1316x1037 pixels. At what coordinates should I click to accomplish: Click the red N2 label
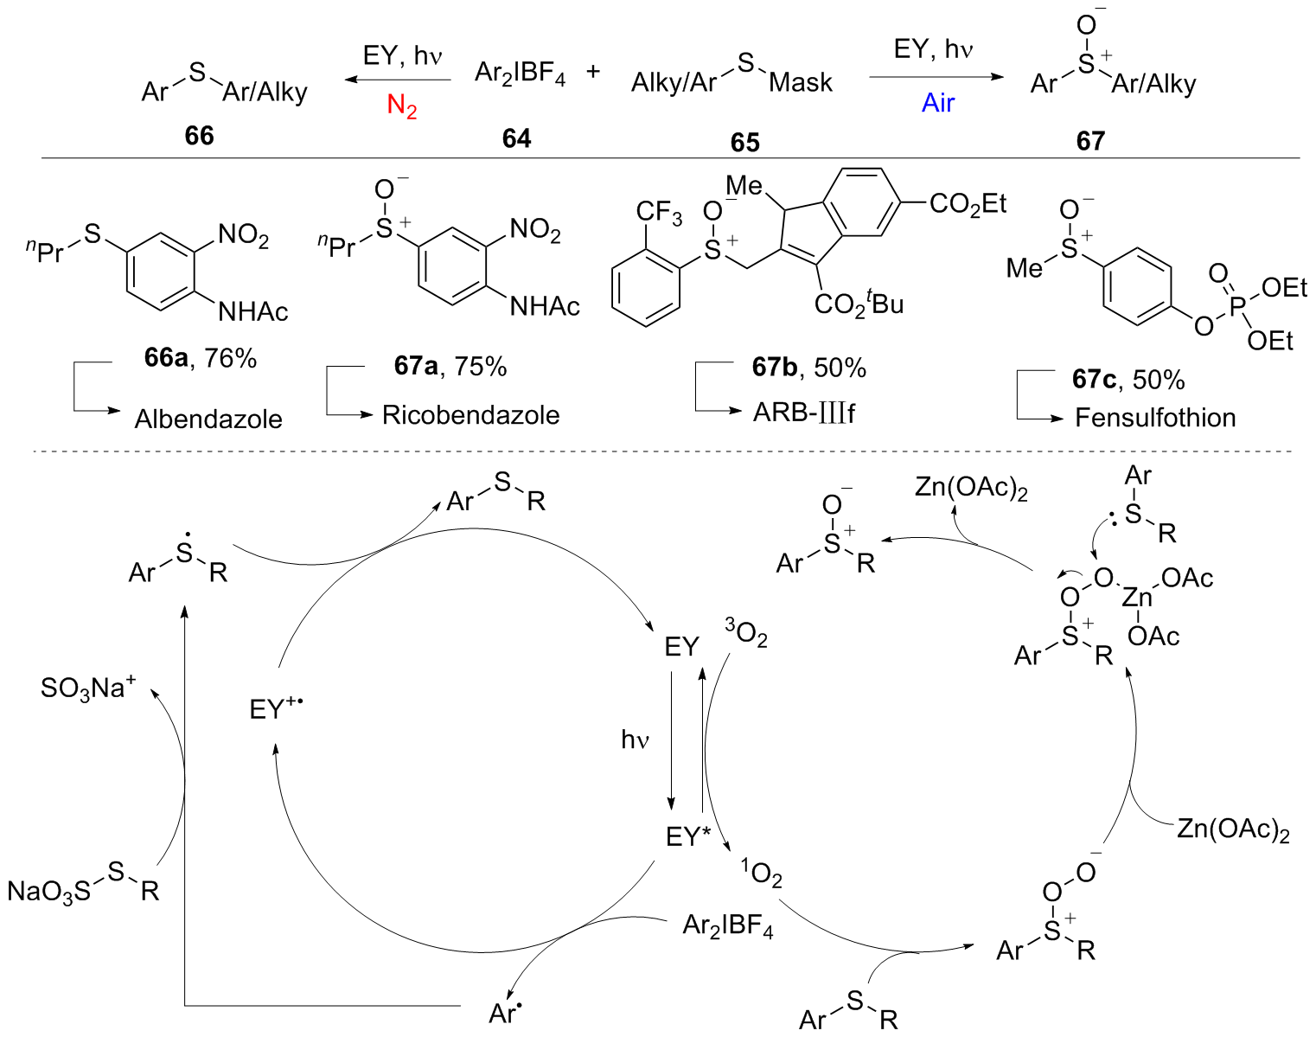click(x=402, y=106)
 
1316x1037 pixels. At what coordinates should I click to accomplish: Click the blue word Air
click(x=937, y=103)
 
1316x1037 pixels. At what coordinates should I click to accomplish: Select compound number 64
click(x=516, y=139)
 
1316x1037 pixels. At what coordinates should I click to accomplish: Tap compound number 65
click(x=744, y=143)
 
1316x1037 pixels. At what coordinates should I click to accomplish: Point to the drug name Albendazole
click(x=208, y=419)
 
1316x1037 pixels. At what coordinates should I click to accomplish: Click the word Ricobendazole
click(x=471, y=415)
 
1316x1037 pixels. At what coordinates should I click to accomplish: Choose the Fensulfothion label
click(x=1155, y=418)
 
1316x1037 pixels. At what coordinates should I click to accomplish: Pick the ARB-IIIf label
click(x=803, y=413)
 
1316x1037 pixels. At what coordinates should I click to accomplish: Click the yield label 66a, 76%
click(x=201, y=358)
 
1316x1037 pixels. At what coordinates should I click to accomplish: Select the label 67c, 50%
click(x=1128, y=380)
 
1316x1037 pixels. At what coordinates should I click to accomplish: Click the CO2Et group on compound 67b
click(x=968, y=205)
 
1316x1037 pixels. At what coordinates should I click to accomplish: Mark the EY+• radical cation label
click(x=277, y=707)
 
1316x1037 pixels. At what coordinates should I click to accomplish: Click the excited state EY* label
click(x=688, y=836)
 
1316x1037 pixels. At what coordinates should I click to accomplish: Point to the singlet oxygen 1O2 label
click(x=762, y=873)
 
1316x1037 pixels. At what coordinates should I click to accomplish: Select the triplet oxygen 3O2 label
click(x=746, y=633)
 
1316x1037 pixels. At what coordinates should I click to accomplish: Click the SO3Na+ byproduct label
click(x=88, y=688)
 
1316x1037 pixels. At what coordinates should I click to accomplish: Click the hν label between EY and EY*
click(x=635, y=740)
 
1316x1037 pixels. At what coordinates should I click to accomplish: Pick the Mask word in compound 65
click(x=801, y=82)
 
